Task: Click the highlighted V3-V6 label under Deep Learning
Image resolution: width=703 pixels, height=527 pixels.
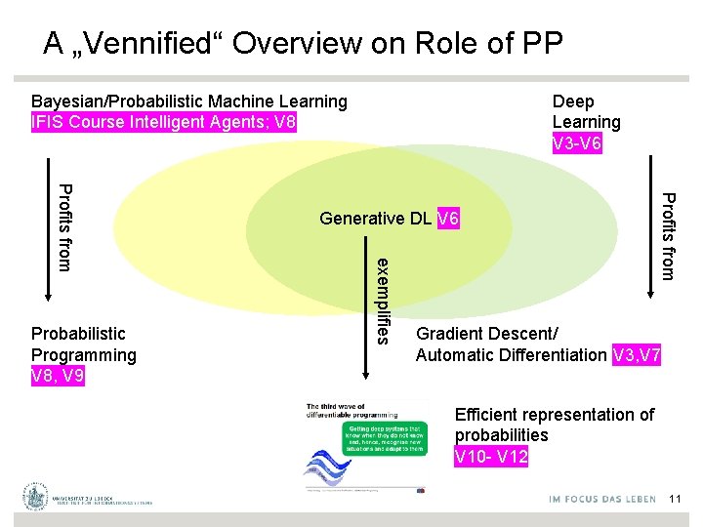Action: [x=577, y=143]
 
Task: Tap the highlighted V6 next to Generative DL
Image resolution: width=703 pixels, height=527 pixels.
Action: [x=448, y=219]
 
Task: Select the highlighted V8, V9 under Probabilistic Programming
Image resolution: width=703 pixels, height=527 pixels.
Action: [x=58, y=376]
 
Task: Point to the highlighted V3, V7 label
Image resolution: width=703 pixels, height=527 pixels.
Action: [x=637, y=356]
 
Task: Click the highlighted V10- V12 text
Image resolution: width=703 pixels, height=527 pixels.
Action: [x=491, y=456]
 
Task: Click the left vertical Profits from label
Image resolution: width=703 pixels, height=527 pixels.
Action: [x=63, y=226]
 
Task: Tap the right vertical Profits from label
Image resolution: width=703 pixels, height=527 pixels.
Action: [x=667, y=236]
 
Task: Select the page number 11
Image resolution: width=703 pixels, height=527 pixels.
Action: [x=675, y=500]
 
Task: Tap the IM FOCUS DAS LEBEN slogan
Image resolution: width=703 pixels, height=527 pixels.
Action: [x=602, y=500]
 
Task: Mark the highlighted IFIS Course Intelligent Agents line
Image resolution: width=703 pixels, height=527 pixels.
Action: [x=163, y=122]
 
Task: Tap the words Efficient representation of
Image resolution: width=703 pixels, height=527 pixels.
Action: [x=554, y=415]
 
